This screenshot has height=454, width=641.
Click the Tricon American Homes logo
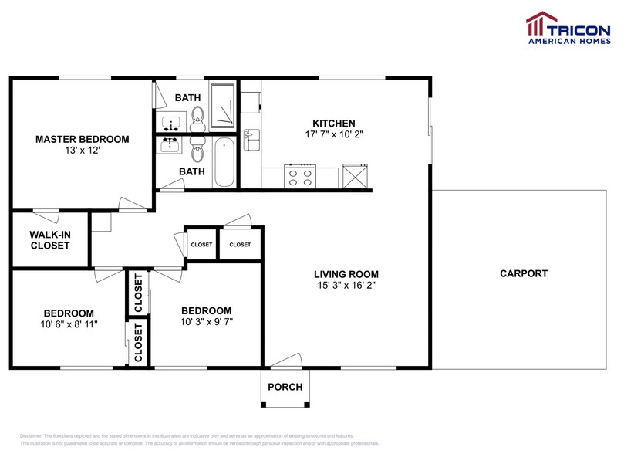tap(568, 28)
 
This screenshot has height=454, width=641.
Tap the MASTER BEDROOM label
tap(82, 139)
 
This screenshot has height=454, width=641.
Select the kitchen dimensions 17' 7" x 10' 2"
tap(333, 134)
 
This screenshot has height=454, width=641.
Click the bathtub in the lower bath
tap(224, 162)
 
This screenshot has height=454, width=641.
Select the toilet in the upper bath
tap(197, 117)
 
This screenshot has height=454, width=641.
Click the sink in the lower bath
tap(170, 144)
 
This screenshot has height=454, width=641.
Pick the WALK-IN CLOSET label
tap(50, 239)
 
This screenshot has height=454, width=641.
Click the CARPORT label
tap(524, 273)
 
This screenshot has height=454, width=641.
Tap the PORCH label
tap(285, 387)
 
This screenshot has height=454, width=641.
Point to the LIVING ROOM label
tap(346, 274)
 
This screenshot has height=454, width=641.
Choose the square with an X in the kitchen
tap(356, 176)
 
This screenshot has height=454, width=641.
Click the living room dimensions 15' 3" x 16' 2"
tap(346, 285)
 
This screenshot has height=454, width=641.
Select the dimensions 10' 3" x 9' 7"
tap(207, 321)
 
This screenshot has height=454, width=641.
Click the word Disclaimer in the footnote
tap(30, 436)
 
